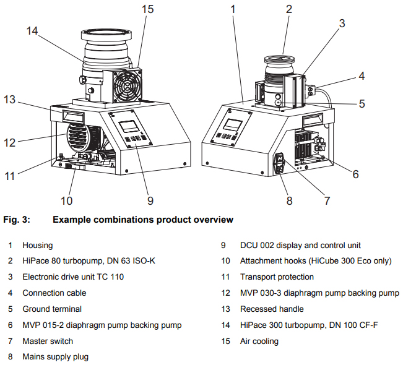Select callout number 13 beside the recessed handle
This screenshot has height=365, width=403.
[11, 100]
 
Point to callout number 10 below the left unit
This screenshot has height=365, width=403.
[66, 200]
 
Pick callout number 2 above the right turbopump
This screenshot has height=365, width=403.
[289, 9]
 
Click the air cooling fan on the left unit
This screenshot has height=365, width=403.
[120, 87]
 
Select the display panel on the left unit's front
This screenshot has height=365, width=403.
[130, 126]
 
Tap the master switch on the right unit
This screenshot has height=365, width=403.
[280, 163]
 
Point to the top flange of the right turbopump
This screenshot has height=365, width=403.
[282, 59]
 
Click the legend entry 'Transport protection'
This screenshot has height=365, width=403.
[277, 277]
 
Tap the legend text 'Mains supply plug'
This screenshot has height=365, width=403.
[56, 357]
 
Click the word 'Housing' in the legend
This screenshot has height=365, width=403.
[38, 245]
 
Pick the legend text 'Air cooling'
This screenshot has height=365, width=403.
[259, 341]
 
